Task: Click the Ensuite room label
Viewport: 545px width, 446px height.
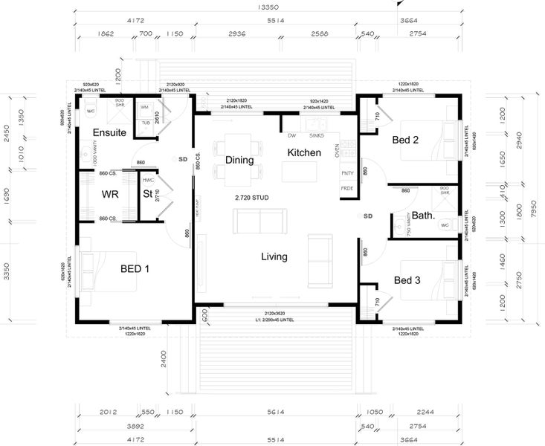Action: [109, 132]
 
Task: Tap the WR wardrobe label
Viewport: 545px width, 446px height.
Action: [111, 195]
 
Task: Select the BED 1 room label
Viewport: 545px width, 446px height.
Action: [135, 268]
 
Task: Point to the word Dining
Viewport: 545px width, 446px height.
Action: [239, 160]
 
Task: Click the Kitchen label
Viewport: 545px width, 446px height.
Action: [304, 152]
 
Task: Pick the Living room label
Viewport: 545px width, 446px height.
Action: [274, 256]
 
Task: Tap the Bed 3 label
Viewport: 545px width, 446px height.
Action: [407, 280]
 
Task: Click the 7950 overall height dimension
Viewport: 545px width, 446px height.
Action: [533, 210]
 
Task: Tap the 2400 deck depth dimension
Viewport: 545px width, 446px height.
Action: [172, 361]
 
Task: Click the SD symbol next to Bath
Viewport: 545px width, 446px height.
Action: [367, 216]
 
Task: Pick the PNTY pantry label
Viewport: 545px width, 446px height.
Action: [347, 173]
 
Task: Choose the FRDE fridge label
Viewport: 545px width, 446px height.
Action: [347, 188]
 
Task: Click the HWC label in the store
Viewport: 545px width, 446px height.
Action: [148, 180]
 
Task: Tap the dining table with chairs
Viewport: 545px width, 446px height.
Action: [239, 159]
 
